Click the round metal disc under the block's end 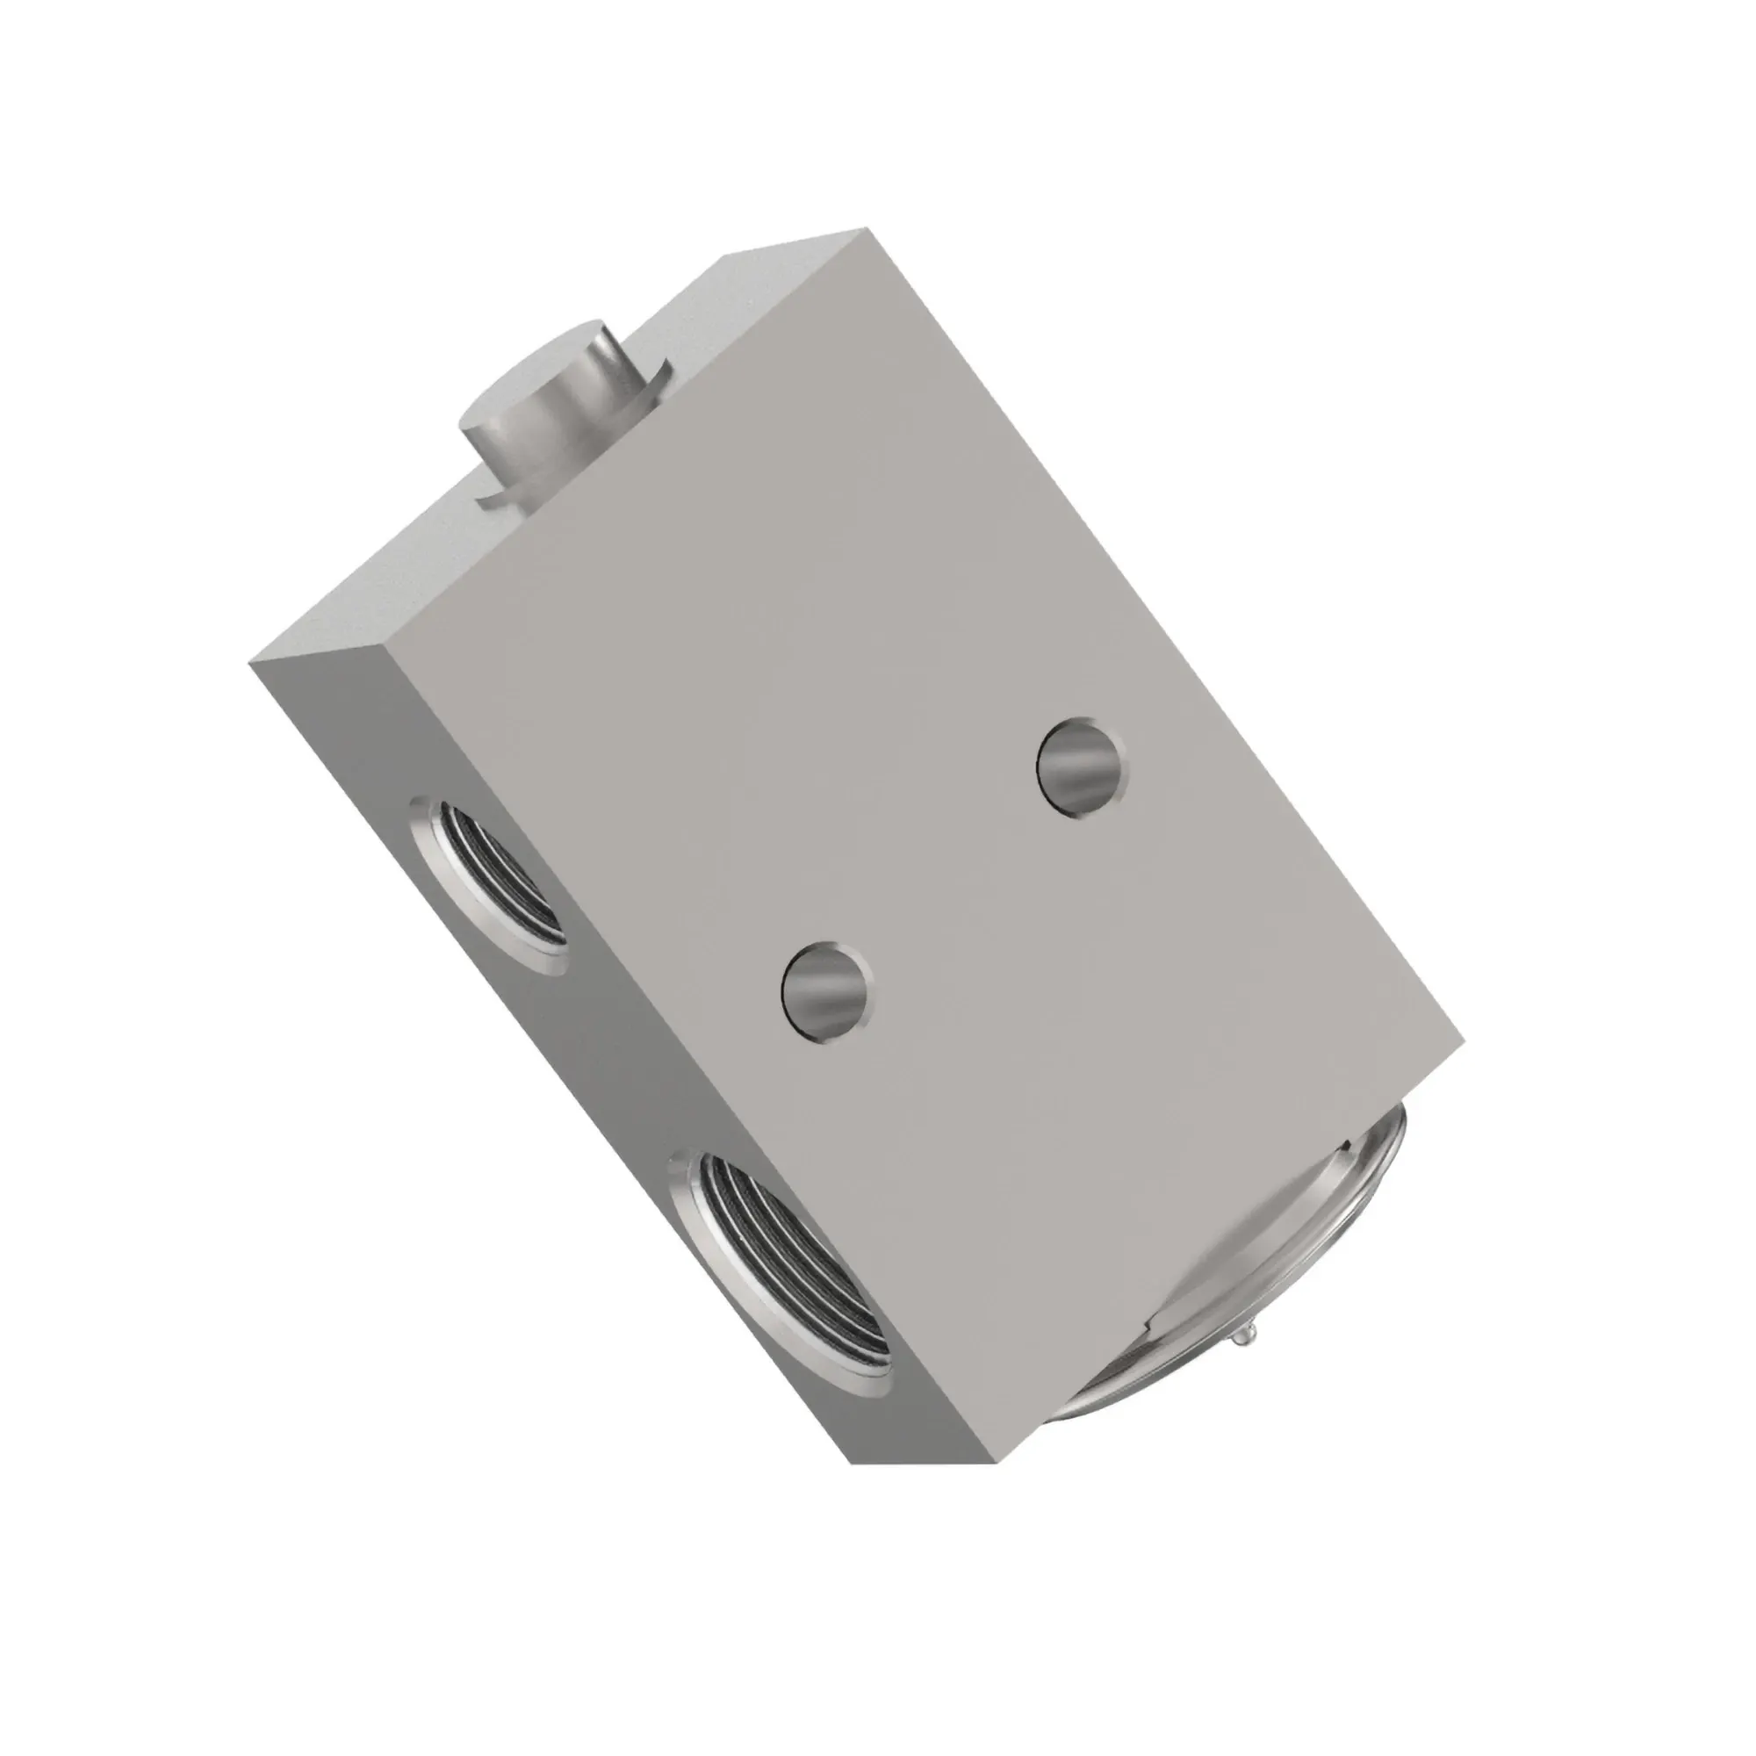tap(1272, 1272)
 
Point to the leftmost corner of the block tap(249, 664)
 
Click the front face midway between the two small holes tap(954, 878)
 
